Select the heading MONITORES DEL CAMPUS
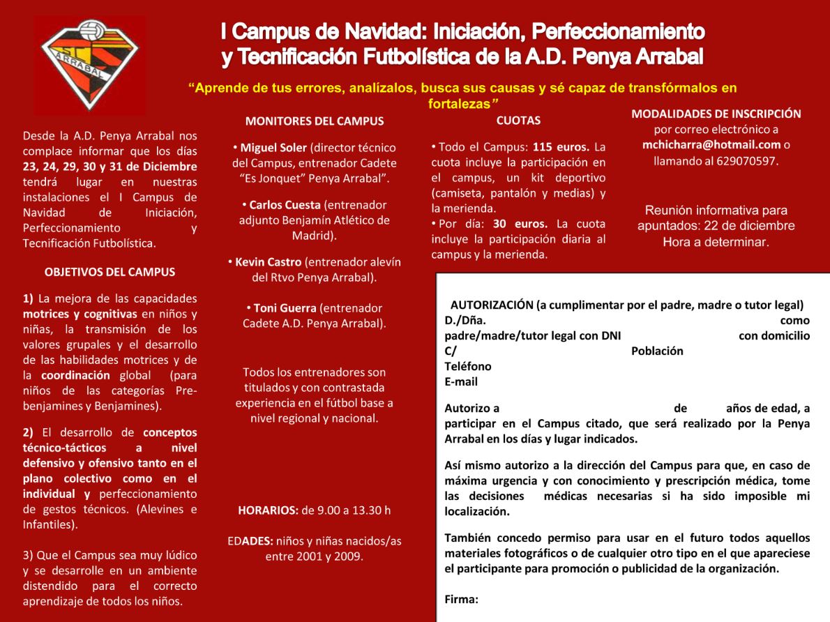(x=314, y=121)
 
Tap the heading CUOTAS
(x=518, y=120)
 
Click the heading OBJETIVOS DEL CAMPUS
(x=110, y=272)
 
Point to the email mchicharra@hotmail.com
(x=711, y=145)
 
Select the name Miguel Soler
(x=273, y=148)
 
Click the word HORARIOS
(x=268, y=510)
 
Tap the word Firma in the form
(x=461, y=599)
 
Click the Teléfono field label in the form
(x=467, y=366)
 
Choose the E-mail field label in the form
(x=461, y=381)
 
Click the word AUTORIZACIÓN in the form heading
(x=492, y=305)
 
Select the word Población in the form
(x=657, y=351)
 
